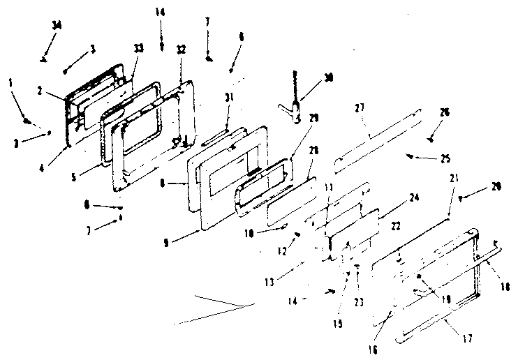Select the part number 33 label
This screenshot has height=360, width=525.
coord(139,48)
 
